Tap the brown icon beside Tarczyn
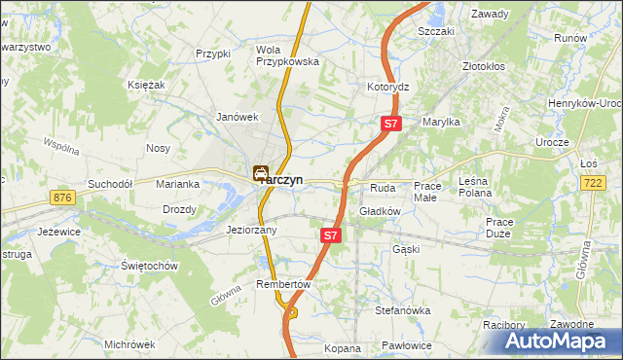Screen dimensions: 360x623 click(261, 173)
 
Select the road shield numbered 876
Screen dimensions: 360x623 click(64, 198)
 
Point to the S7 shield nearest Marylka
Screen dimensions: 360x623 click(389, 124)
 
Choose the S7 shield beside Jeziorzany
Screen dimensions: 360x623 click(330, 235)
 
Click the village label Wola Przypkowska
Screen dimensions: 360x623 click(287, 55)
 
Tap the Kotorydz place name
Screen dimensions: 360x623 click(387, 87)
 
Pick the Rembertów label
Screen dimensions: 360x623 click(282, 284)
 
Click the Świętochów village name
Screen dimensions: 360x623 click(148, 266)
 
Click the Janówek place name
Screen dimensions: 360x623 click(237, 117)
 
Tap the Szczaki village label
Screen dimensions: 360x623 click(436, 31)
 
